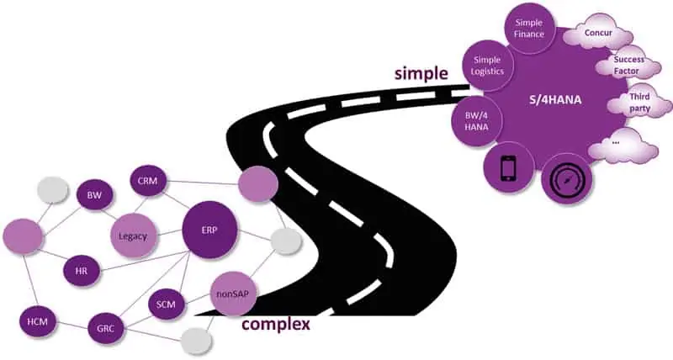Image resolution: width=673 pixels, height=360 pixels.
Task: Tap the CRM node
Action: pyautogui.click(x=150, y=180)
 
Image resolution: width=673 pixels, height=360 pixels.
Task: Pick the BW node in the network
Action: pyautogui.click(x=94, y=195)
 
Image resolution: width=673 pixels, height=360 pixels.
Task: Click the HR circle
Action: pyautogui.click(x=82, y=271)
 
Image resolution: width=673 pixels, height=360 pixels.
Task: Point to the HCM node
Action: pyautogui.click(x=36, y=322)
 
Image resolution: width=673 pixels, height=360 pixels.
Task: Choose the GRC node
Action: pyautogui.click(x=106, y=328)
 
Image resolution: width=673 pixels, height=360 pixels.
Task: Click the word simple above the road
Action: pyautogui.click(x=422, y=74)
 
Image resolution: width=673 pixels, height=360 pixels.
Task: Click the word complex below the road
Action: pyautogui.click(x=276, y=324)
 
